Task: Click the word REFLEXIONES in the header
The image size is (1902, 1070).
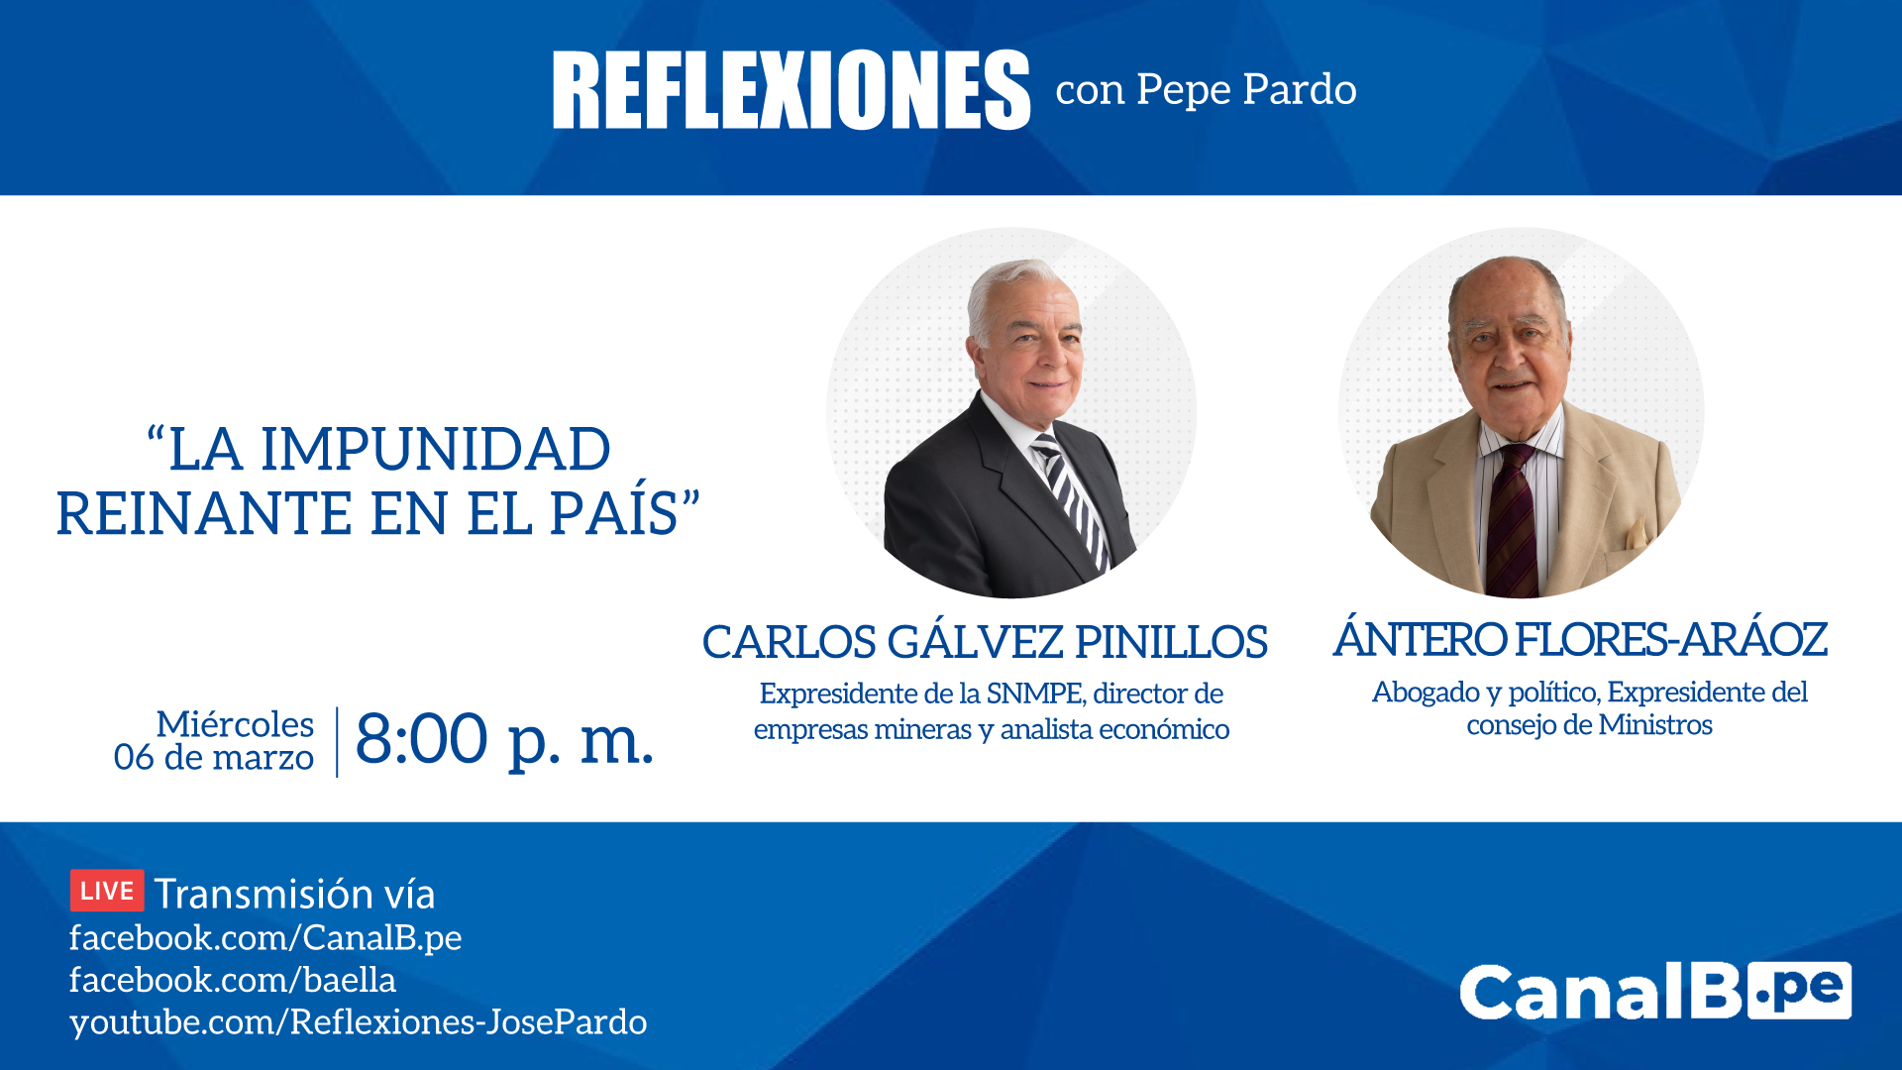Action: [791, 90]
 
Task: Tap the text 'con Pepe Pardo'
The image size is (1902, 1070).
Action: [1206, 90]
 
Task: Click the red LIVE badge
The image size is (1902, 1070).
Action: [107, 890]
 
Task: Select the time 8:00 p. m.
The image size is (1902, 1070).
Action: [504, 739]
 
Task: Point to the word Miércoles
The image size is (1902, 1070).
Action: [235, 723]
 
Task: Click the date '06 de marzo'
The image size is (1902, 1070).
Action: [214, 758]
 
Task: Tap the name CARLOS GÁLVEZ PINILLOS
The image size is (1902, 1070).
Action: [985, 642]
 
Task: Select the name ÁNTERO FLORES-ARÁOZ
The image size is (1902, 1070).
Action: [1580, 639]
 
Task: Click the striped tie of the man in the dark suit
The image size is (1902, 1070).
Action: [1070, 500]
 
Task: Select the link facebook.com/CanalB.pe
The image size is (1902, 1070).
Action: [265, 937]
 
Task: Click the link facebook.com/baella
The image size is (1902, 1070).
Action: [233, 980]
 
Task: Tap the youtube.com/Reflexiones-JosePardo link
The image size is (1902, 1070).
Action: [358, 1022]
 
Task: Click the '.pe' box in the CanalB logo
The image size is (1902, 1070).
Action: [1799, 991]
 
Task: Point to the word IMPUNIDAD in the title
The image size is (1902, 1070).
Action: [436, 449]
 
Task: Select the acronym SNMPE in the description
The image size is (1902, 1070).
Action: [1035, 694]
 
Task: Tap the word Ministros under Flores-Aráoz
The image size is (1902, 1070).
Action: [1655, 725]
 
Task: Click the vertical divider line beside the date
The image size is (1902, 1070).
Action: [337, 741]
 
